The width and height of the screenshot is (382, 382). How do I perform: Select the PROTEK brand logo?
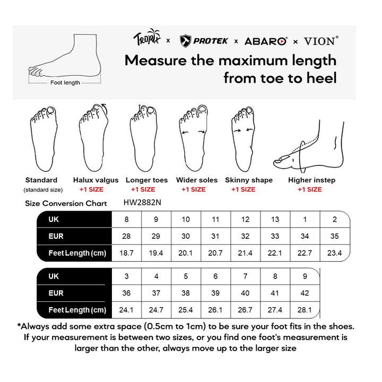[x=205, y=40]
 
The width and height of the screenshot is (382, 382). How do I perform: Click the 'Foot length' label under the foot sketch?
[x=65, y=83]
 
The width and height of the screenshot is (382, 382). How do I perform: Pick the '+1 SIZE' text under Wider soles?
[x=193, y=189]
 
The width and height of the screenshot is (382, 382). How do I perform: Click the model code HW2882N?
[x=142, y=202]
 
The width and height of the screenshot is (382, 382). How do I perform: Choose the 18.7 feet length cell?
[x=126, y=253]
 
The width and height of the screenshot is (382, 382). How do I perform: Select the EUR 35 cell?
[x=334, y=236]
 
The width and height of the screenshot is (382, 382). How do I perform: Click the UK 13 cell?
[x=275, y=219]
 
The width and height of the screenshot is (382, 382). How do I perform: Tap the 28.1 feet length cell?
[x=305, y=310]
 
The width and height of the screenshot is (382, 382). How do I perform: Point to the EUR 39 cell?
[x=215, y=293]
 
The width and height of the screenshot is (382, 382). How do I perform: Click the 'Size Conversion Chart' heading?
[x=66, y=203]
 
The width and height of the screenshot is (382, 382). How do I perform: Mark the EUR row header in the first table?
[x=56, y=236]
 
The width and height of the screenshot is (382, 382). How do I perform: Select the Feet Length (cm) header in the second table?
[x=77, y=310]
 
